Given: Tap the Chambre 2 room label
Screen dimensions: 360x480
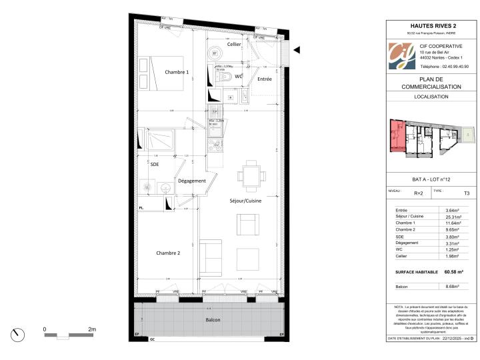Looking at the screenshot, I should [168, 253].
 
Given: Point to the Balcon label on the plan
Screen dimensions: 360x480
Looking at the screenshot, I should [213, 320].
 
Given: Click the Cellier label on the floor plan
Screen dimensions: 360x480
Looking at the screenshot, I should [233, 44].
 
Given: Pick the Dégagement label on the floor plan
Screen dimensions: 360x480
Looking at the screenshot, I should [192, 181].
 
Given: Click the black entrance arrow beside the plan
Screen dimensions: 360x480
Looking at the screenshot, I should [297, 50].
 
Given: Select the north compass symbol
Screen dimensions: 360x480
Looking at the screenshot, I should [18, 335].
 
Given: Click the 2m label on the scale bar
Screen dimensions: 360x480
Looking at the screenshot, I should [92, 329].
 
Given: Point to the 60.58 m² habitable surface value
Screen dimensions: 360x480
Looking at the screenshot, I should [454, 272].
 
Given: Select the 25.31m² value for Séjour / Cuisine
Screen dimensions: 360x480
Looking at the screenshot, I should [453, 217].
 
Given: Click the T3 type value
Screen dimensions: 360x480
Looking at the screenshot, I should [466, 193].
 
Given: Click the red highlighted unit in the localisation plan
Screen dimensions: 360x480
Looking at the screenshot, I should [397, 137].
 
